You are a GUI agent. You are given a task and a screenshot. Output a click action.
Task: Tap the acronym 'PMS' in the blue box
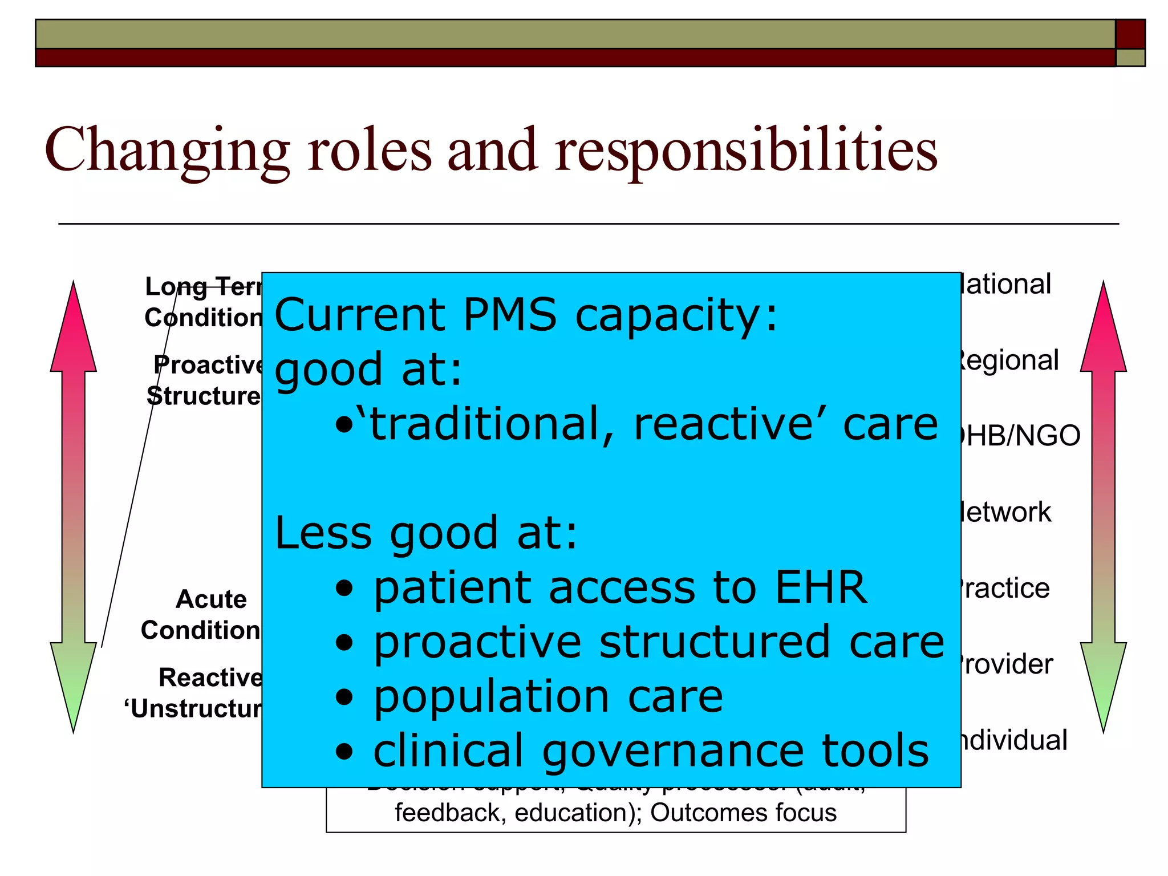[x=509, y=315]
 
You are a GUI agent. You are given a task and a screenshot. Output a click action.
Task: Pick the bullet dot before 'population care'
[x=344, y=697]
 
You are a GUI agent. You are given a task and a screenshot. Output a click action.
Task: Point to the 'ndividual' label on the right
[x=1014, y=740]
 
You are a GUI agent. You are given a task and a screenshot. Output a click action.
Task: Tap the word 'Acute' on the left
[x=212, y=599]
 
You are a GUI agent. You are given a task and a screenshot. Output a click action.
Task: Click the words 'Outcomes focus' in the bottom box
[x=743, y=813]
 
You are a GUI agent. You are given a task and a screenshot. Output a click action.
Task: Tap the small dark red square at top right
[x=1130, y=34]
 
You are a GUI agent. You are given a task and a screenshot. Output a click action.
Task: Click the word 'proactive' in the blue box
[x=477, y=642]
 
